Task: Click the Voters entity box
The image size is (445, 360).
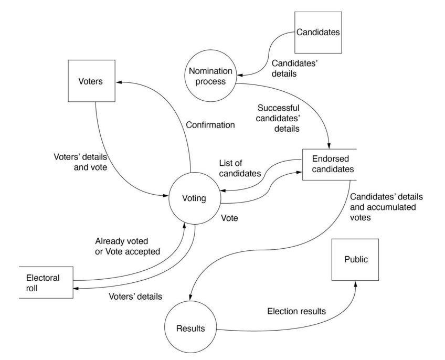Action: [x=94, y=83]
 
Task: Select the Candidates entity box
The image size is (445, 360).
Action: [x=318, y=33]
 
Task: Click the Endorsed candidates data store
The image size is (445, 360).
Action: [x=329, y=164]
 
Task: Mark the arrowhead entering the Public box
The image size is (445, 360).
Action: [x=355, y=283]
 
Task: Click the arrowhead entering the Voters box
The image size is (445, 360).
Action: [x=119, y=83]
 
